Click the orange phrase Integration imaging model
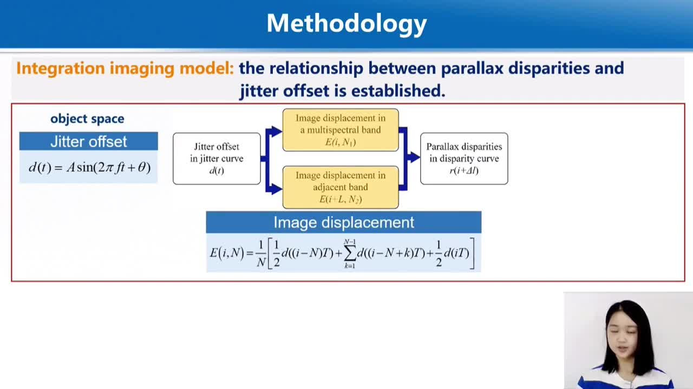[x=125, y=68]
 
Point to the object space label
[x=87, y=118]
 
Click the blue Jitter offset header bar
[x=88, y=141]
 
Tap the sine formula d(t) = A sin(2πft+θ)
[x=90, y=167]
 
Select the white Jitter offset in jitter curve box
[x=217, y=159]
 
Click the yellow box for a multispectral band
[x=341, y=130]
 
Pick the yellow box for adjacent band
[x=341, y=187]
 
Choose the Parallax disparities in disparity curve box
[x=464, y=159]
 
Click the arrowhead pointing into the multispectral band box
[x=277, y=131]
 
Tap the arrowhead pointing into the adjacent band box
[x=277, y=189]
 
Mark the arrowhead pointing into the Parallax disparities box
[x=415, y=157]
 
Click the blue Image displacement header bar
[x=344, y=222]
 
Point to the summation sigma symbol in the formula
[x=350, y=254]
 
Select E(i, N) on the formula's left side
[x=227, y=253]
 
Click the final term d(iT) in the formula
[x=456, y=254]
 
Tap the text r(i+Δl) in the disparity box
[x=464, y=170]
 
